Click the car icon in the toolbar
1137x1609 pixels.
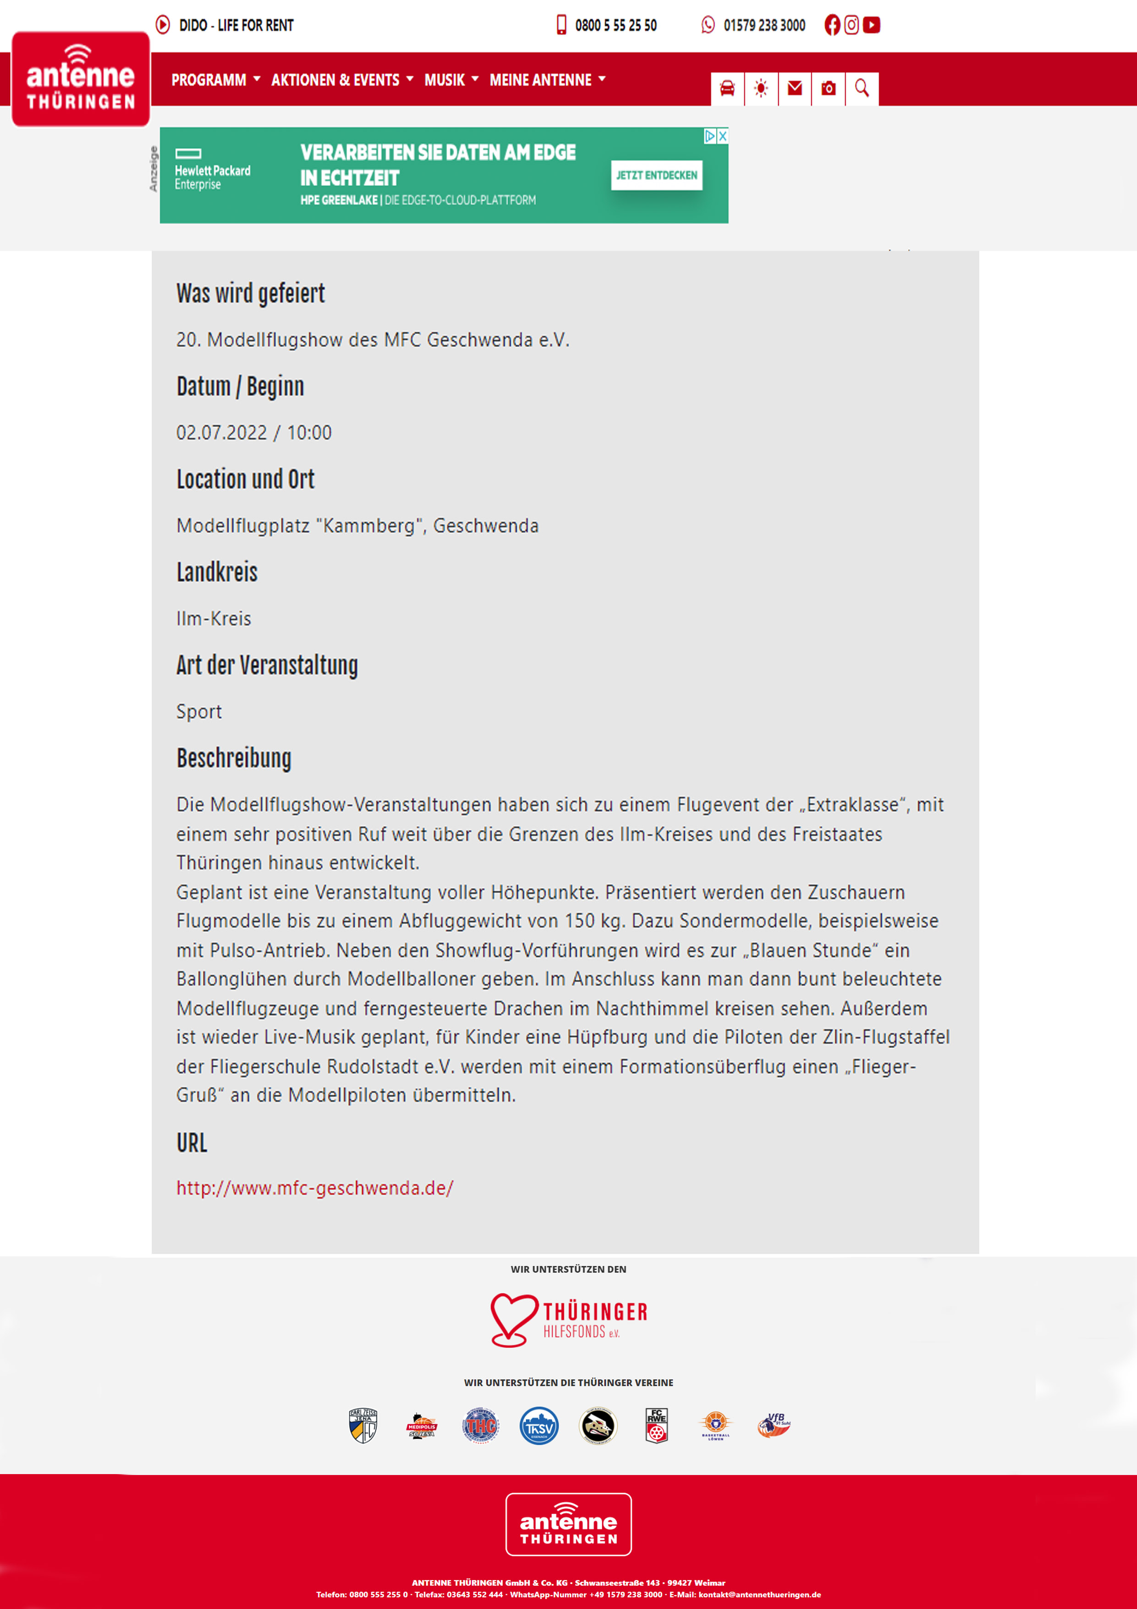pyautogui.click(x=727, y=89)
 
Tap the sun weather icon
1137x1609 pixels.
pyautogui.click(x=761, y=89)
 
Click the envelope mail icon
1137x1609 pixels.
pyautogui.click(x=795, y=89)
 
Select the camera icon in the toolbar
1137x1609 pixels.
pyautogui.click(x=828, y=89)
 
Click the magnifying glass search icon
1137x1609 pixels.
pyautogui.click(x=861, y=89)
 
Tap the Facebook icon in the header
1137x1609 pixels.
pyautogui.click(x=832, y=25)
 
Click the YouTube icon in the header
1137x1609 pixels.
pyautogui.click(x=872, y=25)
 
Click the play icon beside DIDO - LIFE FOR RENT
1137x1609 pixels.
pyautogui.click(x=163, y=25)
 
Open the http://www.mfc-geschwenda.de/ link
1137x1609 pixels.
pyautogui.click(x=315, y=1188)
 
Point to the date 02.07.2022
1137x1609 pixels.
pyautogui.click(x=221, y=433)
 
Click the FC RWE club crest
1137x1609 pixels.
pyautogui.click(x=657, y=1426)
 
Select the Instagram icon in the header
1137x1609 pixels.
pyautogui.click(x=851, y=25)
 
